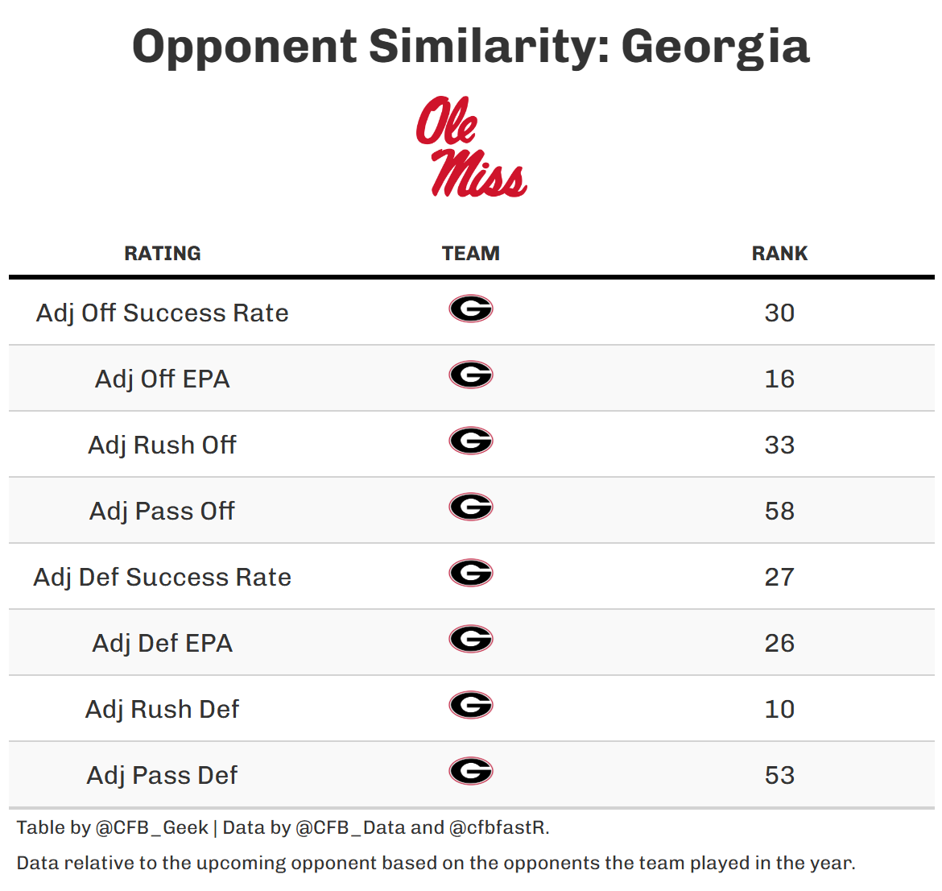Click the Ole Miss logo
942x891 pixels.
pyautogui.click(x=471, y=147)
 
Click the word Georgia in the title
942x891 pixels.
pyautogui.click(x=715, y=47)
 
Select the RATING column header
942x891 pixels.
pyautogui.click(x=163, y=254)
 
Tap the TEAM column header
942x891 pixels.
pyautogui.click(x=471, y=254)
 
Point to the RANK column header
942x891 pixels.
pyautogui.click(x=779, y=254)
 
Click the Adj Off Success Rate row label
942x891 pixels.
pyautogui.click(x=163, y=313)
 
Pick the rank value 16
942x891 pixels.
pyautogui.click(x=779, y=379)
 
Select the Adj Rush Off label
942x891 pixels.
pyautogui.click(x=163, y=445)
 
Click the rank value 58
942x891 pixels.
pyautogui.click(x=779, y=511)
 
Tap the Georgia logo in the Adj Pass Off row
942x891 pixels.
pyautogui.click(x=471, y=507)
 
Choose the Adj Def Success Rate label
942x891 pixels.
pyautogui.click(x=163, y=577)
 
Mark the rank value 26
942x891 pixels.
pyautogui.click(x=779, y=643)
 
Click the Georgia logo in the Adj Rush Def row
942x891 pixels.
pyautogui.click(x=471, y=705)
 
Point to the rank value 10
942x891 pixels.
pyautogui.click(x=779, y=709)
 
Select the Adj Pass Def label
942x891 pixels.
pyautogui.click(x=163, y=775)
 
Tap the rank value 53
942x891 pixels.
pyautogui.click(x=779, y=775)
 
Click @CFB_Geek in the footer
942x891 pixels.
pyautogui.click(x=151, y=828)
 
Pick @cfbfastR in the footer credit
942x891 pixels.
pyautogui.click(x=498, y=828)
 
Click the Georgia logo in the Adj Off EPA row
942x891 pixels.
pyautogui.click(x=471, y=375)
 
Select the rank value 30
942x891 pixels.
pyautogui.click(x=779, y=313)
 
